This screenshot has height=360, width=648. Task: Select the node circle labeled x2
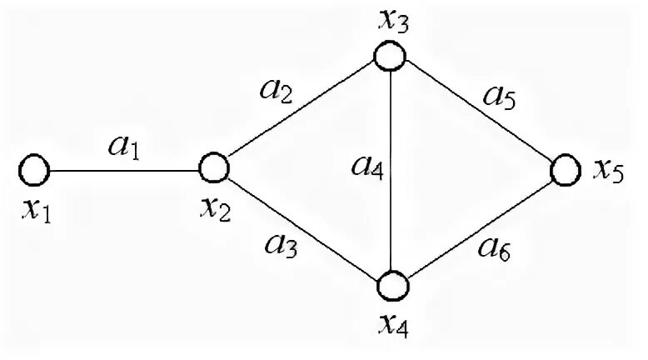(x=214, y=167)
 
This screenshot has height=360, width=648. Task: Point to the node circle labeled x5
(x=564, y=170)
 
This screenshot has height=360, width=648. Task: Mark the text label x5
(x=608, y=172)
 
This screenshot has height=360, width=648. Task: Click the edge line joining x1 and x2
(x=125, y=171)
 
